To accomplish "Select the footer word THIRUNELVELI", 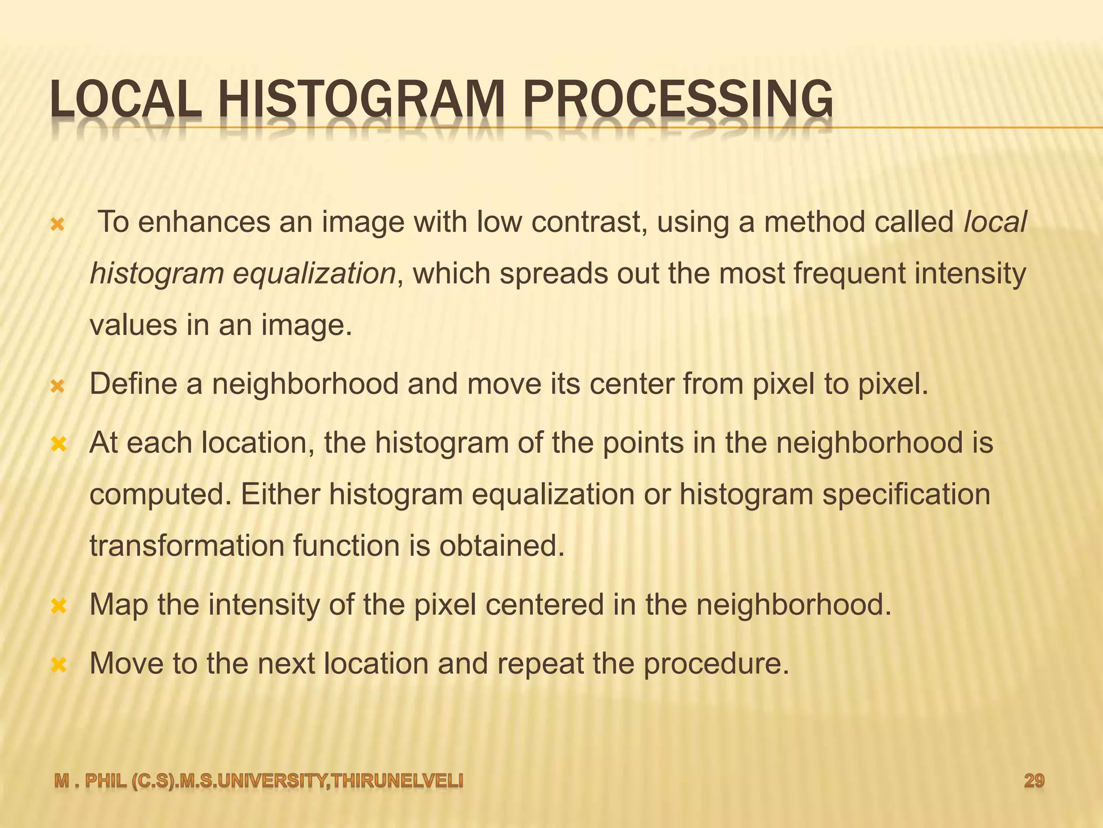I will [x=397, y=781].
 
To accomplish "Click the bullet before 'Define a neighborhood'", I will [x=57, y=386].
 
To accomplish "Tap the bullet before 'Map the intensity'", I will [x=58, y=606].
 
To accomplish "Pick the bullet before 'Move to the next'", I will [x=58, y=665].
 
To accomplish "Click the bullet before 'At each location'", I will [x=58, y=445].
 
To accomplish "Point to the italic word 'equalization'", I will [x=314, y=273].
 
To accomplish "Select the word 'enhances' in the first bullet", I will [x=204, y=222].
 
